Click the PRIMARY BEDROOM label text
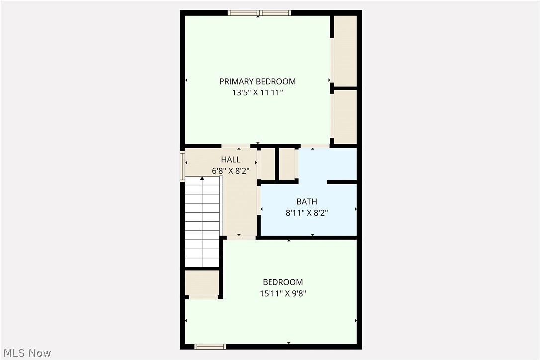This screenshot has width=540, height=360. click(x=257, y=81)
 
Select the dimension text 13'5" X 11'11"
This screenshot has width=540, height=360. click(x=257, y=92)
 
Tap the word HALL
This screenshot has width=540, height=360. click(x=231, y=160)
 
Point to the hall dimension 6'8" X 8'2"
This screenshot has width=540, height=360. click(x=231, y=170)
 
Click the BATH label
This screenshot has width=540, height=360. click(x=307, y=201)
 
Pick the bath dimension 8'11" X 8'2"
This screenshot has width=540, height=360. click(x=307, y=212)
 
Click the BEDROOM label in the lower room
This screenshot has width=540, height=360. click(x=282, y=282)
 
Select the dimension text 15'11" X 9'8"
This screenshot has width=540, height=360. click(x=282, y=293)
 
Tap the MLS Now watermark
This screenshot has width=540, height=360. click(x=26, y=353)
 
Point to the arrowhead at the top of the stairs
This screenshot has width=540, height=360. click(x=202, y=178)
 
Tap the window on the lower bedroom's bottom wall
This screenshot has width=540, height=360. click(x=210, y=346)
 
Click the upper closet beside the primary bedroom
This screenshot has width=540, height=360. click(x=345, y=51)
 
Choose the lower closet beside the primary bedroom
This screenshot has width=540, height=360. click(x=345, y=117)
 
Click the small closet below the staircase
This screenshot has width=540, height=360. click(x=202, y=284)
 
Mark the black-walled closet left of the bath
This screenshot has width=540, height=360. click(x=287, y=164)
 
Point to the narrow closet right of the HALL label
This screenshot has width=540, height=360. click(x=268, y=164)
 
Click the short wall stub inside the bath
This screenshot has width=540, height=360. click(x=342, y=182)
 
